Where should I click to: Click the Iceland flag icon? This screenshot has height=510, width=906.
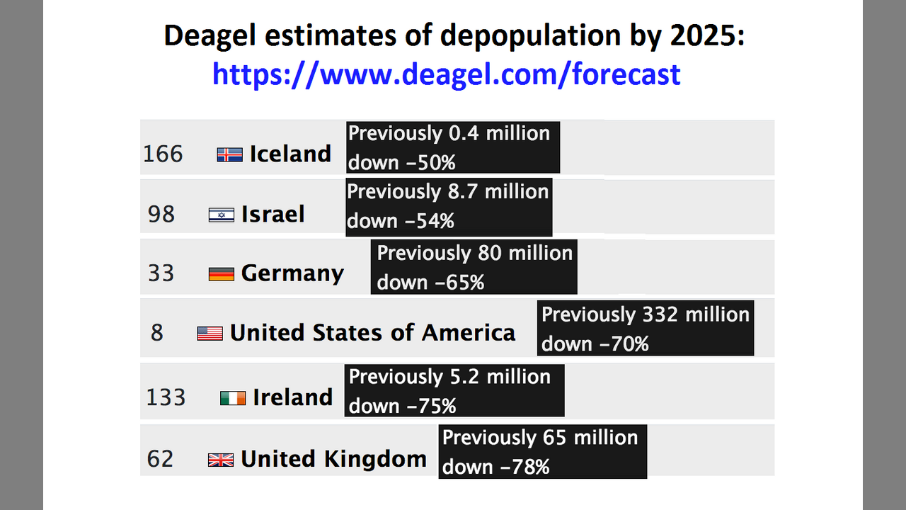pos(229,154)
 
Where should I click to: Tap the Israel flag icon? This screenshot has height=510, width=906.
pos(221,215)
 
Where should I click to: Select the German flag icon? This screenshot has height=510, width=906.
pos(221,273)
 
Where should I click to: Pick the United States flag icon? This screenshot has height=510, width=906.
pos(210,333)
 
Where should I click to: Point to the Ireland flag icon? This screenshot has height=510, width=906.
pos(233,398)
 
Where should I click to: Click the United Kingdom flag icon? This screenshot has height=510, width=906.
pos(221,460)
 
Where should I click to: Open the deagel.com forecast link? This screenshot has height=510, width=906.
pos(446,74)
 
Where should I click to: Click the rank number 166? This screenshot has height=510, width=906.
pos(163,154)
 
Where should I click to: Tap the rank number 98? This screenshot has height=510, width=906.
pos(161,214)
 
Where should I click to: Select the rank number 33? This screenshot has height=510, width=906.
pos(161,273)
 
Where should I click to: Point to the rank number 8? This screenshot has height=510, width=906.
pos(157,332)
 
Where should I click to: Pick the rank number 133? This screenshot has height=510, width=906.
pos(166,397)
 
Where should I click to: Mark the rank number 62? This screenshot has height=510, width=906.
pos(160,459)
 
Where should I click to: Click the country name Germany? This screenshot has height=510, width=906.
pos(292,273)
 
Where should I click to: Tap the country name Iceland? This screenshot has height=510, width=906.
pos(290,154)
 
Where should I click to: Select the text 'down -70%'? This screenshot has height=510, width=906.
pos(595,344)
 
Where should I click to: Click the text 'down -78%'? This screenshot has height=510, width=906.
pos(495,467)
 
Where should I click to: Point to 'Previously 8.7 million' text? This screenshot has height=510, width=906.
pos(448,192)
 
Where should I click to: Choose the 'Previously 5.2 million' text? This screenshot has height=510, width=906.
pos(449,377)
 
